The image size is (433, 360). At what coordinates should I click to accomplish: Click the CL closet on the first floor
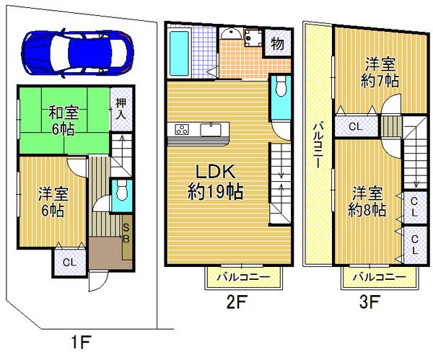[x=68, y=262]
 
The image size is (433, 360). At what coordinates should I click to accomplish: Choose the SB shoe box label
[x=126, y=233]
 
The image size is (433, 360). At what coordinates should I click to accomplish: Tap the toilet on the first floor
[x=122, y=192]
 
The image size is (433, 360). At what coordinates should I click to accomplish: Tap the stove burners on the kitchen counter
[x=180, y=130]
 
